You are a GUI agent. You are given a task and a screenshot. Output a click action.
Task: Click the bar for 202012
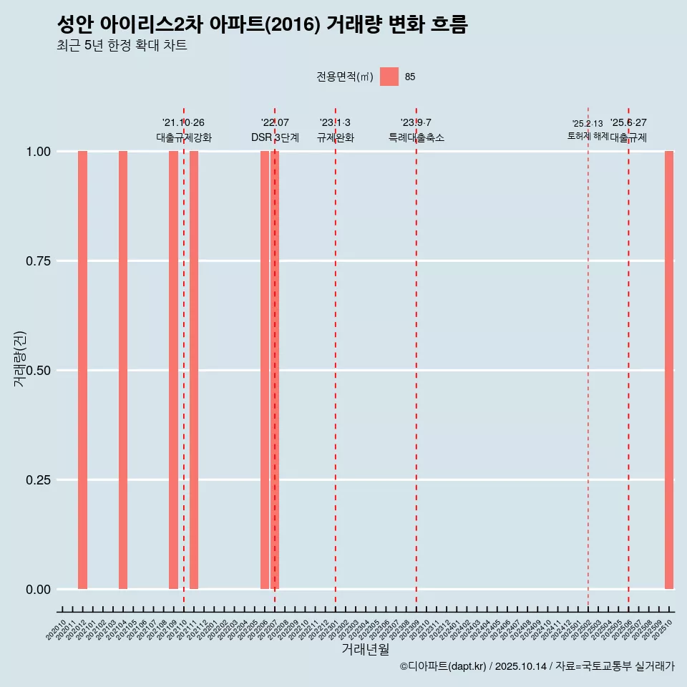coord(82,370)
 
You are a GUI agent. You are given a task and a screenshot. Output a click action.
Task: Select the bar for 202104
coord(123,370)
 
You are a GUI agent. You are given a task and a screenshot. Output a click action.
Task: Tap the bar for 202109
coord(173,370)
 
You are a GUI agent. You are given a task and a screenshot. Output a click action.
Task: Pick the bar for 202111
coord(194,370)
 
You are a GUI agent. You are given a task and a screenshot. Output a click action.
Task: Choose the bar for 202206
coord(265,370)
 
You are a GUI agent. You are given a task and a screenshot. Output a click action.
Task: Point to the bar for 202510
coord(669,370)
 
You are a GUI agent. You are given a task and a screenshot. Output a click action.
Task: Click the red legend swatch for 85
coord(389,77)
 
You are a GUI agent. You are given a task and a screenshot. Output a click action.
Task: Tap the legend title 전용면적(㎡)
coord(345,77)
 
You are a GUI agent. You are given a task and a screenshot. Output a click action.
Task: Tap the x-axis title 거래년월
coord(366,650)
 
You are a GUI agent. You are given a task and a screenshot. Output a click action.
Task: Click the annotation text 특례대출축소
coord(416,137)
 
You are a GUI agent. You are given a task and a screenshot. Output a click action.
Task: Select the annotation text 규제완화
coord(336,137)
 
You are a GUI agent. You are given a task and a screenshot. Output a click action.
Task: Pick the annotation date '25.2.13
coord(588,124)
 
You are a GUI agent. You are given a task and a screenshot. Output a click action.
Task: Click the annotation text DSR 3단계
coord(275,137)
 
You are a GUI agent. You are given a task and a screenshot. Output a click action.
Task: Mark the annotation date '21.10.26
coord(184,123)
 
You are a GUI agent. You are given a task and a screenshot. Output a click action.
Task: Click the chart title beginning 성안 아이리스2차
coord(262,25)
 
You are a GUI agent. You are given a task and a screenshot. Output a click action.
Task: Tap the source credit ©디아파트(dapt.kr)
coord(444,666)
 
